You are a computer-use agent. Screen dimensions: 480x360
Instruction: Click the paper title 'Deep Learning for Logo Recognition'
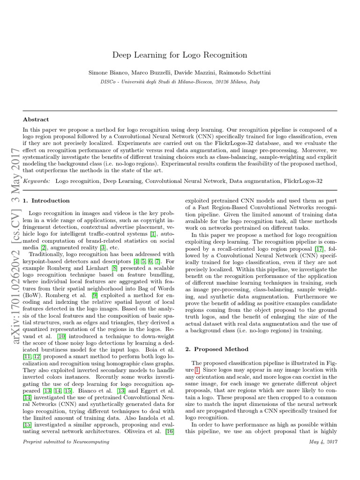point(180,55)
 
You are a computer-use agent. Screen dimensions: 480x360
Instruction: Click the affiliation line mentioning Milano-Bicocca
point(180,81)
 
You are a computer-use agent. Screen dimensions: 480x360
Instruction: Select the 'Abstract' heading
point(36,120)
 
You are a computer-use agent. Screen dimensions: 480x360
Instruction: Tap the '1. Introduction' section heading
point(46,201)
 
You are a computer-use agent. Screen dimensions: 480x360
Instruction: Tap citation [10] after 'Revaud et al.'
point(61,337)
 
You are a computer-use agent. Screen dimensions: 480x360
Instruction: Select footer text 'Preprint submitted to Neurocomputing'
point(66,442)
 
